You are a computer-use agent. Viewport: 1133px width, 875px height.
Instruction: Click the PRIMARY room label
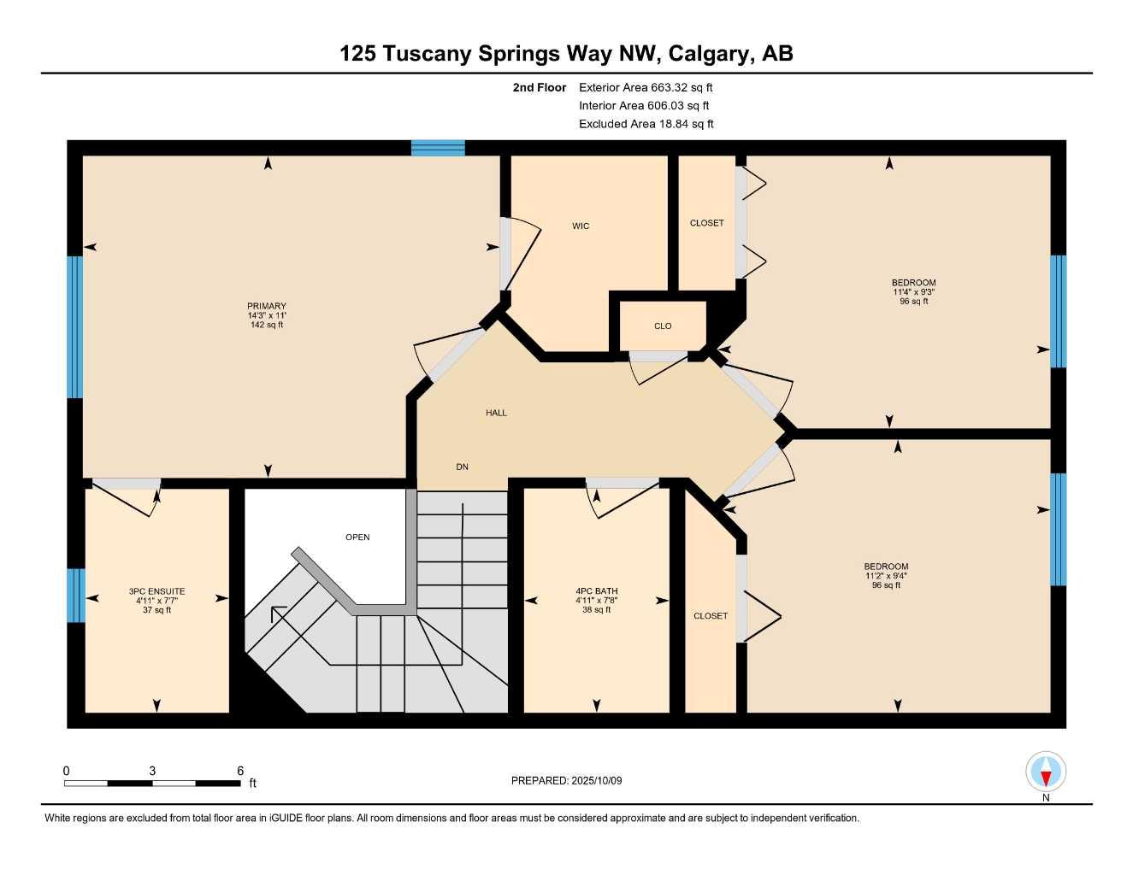click(267, 306)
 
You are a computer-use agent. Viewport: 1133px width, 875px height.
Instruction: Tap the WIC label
click(581, 226)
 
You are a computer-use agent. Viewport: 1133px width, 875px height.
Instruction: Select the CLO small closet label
click(663, 326)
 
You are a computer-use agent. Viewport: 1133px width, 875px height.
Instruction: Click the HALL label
click(496, 413)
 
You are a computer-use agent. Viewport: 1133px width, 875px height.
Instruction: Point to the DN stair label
click(462, 467)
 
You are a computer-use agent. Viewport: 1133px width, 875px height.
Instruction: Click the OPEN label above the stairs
click(357, 537)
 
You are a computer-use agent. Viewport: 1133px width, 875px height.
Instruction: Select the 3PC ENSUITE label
click(156, 591)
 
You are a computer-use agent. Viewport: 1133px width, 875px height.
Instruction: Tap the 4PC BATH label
click(596, 591)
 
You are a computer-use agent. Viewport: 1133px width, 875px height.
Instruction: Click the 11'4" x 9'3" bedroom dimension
click(913, 292)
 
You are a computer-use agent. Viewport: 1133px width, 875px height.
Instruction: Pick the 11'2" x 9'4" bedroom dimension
click(886, 576)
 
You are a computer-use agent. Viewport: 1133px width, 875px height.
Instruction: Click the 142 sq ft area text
click(267, 325)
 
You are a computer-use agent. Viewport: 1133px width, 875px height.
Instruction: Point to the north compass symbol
click(1046, 773)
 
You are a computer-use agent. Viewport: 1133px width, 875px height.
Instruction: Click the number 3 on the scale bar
click(152, 771)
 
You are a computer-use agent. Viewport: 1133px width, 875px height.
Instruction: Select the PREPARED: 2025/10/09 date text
click(566, 780)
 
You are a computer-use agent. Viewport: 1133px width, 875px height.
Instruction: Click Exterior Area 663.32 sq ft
click(646, 87)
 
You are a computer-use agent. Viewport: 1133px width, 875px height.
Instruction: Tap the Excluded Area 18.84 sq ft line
click(646, 124)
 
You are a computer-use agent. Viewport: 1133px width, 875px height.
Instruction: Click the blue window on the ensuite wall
click(76, 596)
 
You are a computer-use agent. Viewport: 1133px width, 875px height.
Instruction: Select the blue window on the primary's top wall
click(438, 148)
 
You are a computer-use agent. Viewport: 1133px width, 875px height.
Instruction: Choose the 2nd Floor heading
click(539, 87)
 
